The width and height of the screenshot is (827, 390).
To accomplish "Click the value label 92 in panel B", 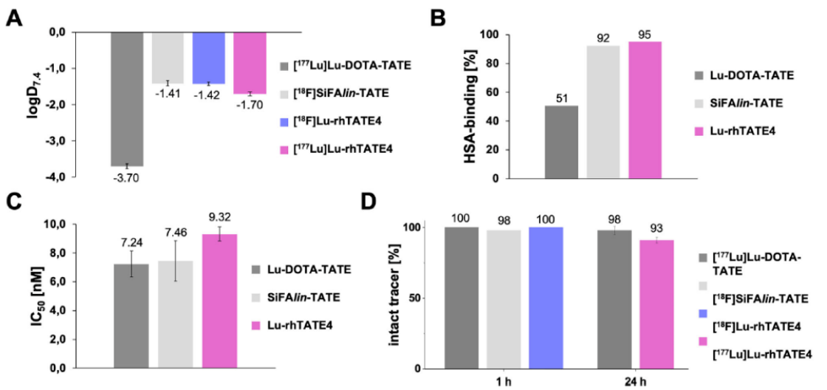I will coord(603,38).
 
